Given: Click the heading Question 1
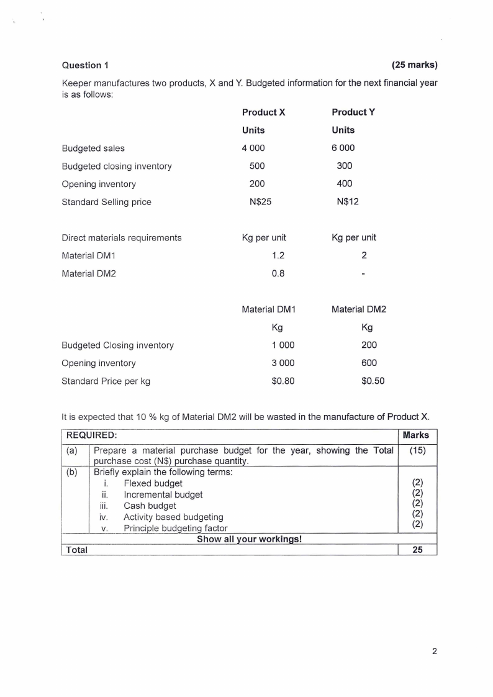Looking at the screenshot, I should point(86,65).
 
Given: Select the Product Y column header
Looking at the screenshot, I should point(353,112).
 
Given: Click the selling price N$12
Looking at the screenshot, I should point(348,202).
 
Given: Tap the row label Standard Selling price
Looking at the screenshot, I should point(106,202).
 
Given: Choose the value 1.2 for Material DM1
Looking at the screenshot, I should point(279,255).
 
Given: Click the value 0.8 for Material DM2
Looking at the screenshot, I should point(279,273).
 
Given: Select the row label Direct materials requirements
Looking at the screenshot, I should point(122,237).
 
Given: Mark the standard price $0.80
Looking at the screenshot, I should point(283,381).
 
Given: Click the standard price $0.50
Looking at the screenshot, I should point(373,381).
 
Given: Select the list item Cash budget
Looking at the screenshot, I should point(150,506).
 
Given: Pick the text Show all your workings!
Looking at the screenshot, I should point(249,539).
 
